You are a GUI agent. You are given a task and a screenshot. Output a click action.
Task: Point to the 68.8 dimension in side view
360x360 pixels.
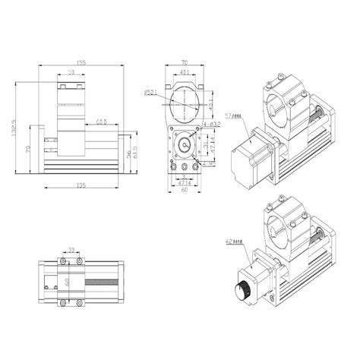100,120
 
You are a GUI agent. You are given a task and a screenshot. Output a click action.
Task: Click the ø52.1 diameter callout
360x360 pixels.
152,93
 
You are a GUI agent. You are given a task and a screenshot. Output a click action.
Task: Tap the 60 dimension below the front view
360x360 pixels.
185,191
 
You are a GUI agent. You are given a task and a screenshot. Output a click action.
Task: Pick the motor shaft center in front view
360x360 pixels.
185,144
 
